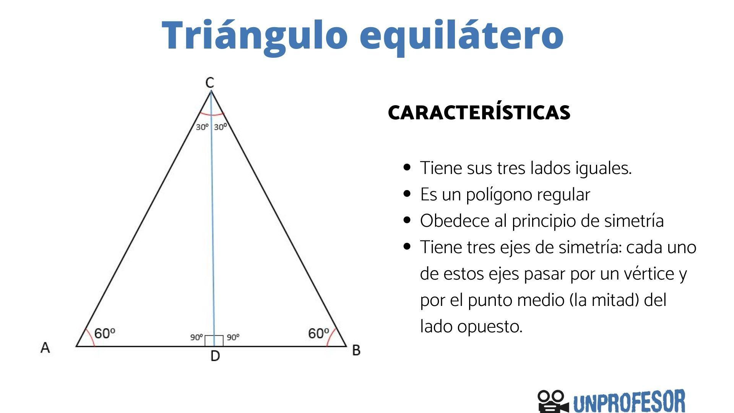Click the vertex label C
click(x=209, y=83)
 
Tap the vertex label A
click(x=45, y=348)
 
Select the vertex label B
click(x=356, y=350)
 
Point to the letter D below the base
click(x=215, y=356)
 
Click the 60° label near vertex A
click(x=104, y=333)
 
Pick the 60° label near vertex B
click(x=318, y=333)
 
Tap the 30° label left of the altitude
click(x=202, y=127)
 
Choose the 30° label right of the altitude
click(x=220, y=127)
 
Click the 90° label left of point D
click(x=196, y=337)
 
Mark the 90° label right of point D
click(x=233, y=337)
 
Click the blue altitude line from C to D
click(x=213, y=229)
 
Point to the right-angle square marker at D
click(x=214, y=340)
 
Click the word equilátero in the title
click(x=461, y=35)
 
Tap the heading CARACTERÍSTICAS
click(x=479, y=112)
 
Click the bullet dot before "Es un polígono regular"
click(x=407, y=194)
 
